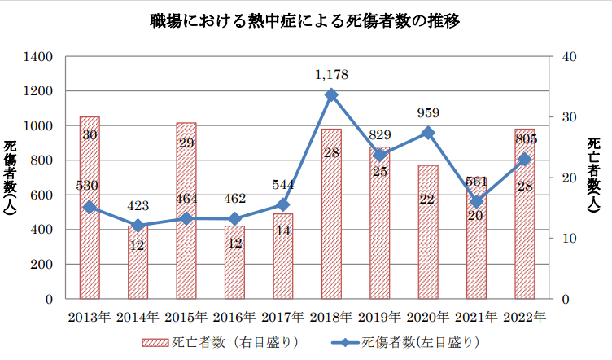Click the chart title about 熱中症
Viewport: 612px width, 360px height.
pos(305,20)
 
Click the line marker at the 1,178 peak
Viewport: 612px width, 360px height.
pos(331,95)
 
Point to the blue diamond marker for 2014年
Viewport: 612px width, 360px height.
pos(138,226)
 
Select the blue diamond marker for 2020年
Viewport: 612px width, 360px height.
pos(428,133)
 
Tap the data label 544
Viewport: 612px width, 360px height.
pos(283,184)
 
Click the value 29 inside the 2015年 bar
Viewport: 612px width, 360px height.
pos(186,143)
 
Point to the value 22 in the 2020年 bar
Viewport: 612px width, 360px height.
pos(428,198)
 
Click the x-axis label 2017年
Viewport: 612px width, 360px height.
pos(283,317)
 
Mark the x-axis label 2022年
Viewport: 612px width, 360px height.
pos(525,317)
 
